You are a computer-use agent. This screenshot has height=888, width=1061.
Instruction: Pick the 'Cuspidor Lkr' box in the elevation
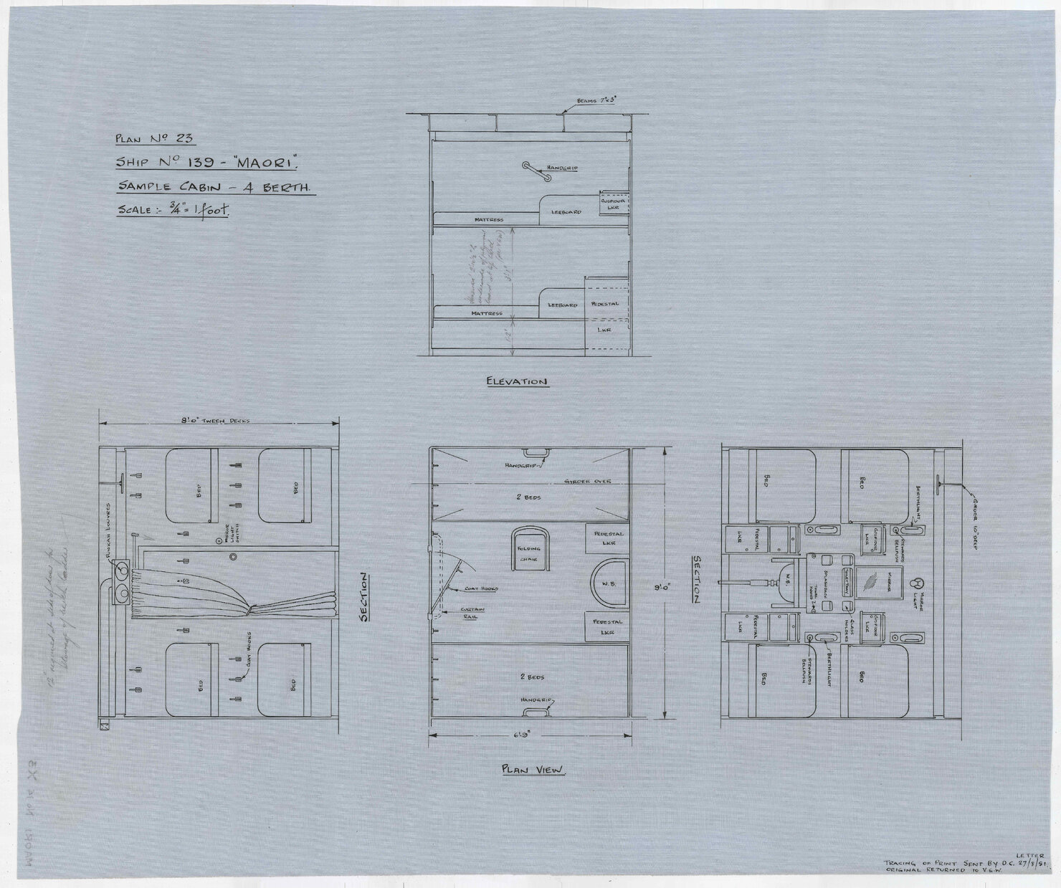click(x=614, y=205)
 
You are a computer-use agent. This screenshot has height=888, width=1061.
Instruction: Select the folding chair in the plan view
click(x=529, y=549)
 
